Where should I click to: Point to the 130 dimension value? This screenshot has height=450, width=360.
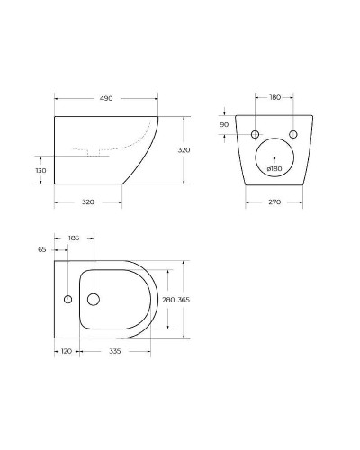pyautogui.click(x=40, y=170)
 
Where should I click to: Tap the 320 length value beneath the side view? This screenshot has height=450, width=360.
pyautogui.click(x=88, y=202)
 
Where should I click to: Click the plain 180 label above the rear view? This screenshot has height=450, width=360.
pyautogui.click(x=274, y=97)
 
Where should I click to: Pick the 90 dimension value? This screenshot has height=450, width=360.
pyautogui.click(x=224, y=124)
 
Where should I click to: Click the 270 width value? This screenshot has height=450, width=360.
pyautogui.click(x=274, y=202)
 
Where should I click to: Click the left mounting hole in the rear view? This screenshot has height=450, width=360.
pyautogui.click(x=255, y=134)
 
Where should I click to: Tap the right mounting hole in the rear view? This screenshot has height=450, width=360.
pyautogui.click(x=292, y=134)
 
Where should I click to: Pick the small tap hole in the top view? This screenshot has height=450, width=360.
pyautogui.click(x=67, y=299)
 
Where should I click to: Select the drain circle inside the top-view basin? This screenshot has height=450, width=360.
pyautogui.click(x=93, y=299)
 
